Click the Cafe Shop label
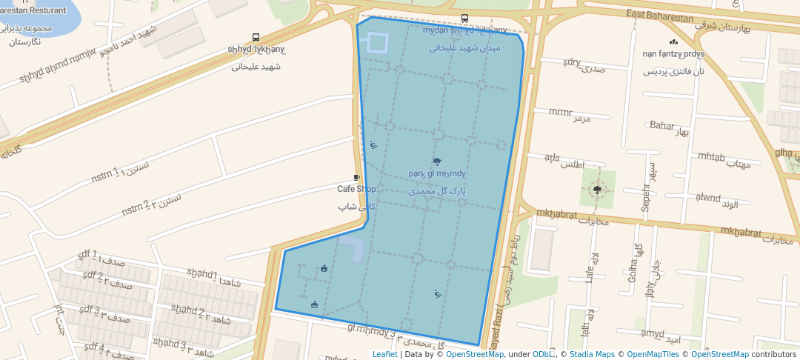[356, 189]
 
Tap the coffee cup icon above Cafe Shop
[356, 178]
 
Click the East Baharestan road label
[659, 16]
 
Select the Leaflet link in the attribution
[384, 354]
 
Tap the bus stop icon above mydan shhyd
[464, 19]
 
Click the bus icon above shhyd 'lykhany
[256, 37]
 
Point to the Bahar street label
[661, 125]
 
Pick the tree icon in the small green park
[597, 190]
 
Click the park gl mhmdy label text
[437, 174]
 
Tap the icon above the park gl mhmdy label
[437, 161]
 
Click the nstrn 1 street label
[105, 175]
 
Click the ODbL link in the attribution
[543, 354]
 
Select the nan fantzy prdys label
[673, 54]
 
